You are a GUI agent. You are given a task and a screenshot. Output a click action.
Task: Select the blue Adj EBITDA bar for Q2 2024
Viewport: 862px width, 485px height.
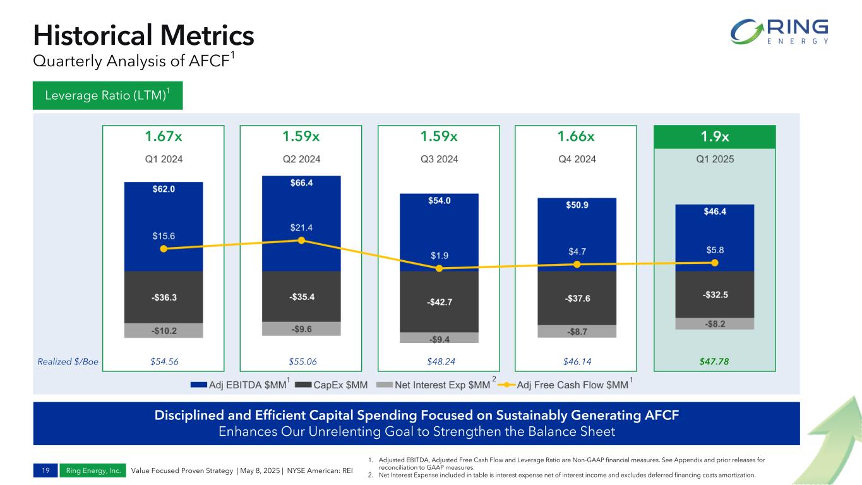(x=301, y=208)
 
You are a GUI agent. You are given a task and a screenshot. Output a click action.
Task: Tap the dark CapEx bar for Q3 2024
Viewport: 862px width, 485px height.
(x=439, y=301)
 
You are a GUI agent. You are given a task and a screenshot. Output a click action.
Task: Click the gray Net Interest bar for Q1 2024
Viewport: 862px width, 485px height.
(x=164, y=330)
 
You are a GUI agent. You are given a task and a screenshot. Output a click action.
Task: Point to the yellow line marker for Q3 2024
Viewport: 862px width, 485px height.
(x=440, y=268)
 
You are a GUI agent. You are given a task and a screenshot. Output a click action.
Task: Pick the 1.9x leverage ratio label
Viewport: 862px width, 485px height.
(x=714, y=137)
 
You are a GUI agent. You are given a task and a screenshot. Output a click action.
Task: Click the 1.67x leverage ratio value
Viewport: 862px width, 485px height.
(x=164, y=137)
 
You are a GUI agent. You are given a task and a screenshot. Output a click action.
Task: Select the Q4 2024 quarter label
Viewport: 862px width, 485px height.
(x=577, y=159)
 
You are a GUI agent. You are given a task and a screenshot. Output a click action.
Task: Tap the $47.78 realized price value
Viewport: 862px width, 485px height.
(x=714, y=362)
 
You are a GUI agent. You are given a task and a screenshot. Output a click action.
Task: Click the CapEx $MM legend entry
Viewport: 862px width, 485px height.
(x=330, y=383)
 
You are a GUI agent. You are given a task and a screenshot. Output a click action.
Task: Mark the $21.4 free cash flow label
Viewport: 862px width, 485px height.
(x=301, y=227)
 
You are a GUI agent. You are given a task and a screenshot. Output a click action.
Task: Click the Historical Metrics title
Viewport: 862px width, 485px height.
(x=143, y=36)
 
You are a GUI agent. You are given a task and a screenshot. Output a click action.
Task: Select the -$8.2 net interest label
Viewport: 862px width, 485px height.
(x=714, y=323)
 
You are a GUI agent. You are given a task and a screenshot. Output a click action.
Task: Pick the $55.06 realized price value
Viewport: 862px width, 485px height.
(x=301, y=362)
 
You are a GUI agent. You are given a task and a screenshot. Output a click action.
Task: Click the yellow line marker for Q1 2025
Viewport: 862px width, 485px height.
(x=715, y=263)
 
